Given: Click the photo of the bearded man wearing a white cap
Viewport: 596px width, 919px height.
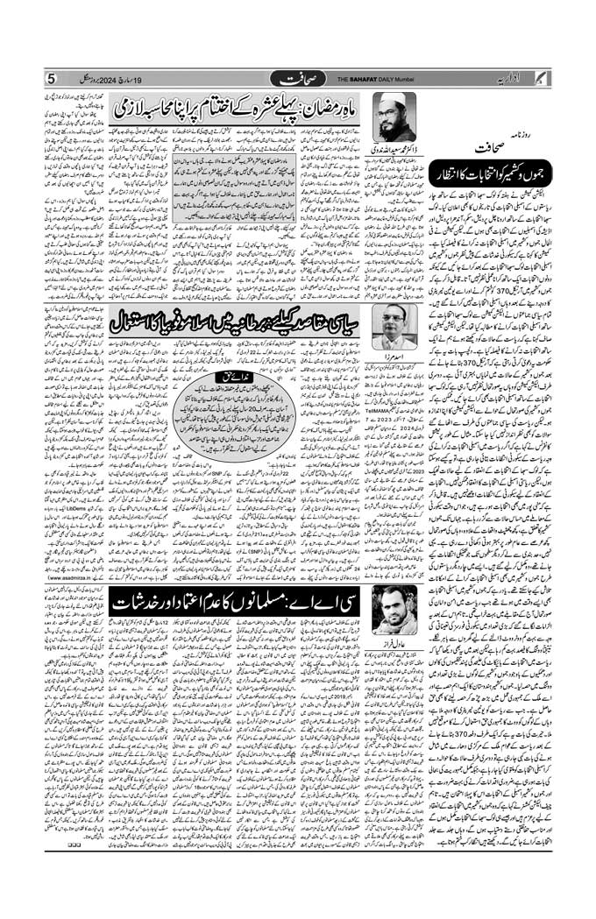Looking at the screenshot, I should click(394, 114).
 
